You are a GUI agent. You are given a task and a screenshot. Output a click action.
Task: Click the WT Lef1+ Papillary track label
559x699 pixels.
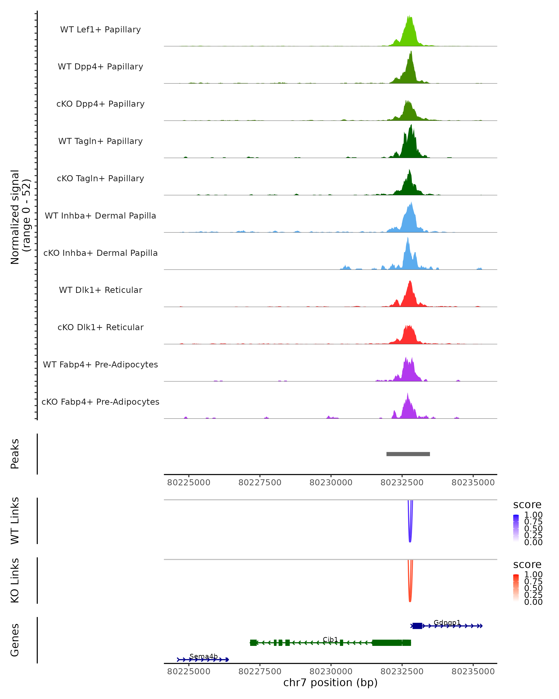point(100,30)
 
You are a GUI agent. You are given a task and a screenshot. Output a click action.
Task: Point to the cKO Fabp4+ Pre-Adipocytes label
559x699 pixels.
point(100,402)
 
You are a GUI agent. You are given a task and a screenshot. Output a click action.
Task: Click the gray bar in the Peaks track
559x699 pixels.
point(408,454)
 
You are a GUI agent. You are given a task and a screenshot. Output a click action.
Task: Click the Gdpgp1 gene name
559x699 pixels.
point(447,623)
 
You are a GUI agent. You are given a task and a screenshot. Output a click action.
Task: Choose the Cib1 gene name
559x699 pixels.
point(330,639)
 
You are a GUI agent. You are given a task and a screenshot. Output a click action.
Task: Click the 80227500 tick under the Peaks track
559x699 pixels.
point(260,483)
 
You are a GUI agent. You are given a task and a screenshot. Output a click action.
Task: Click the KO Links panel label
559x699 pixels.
point(15,580)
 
